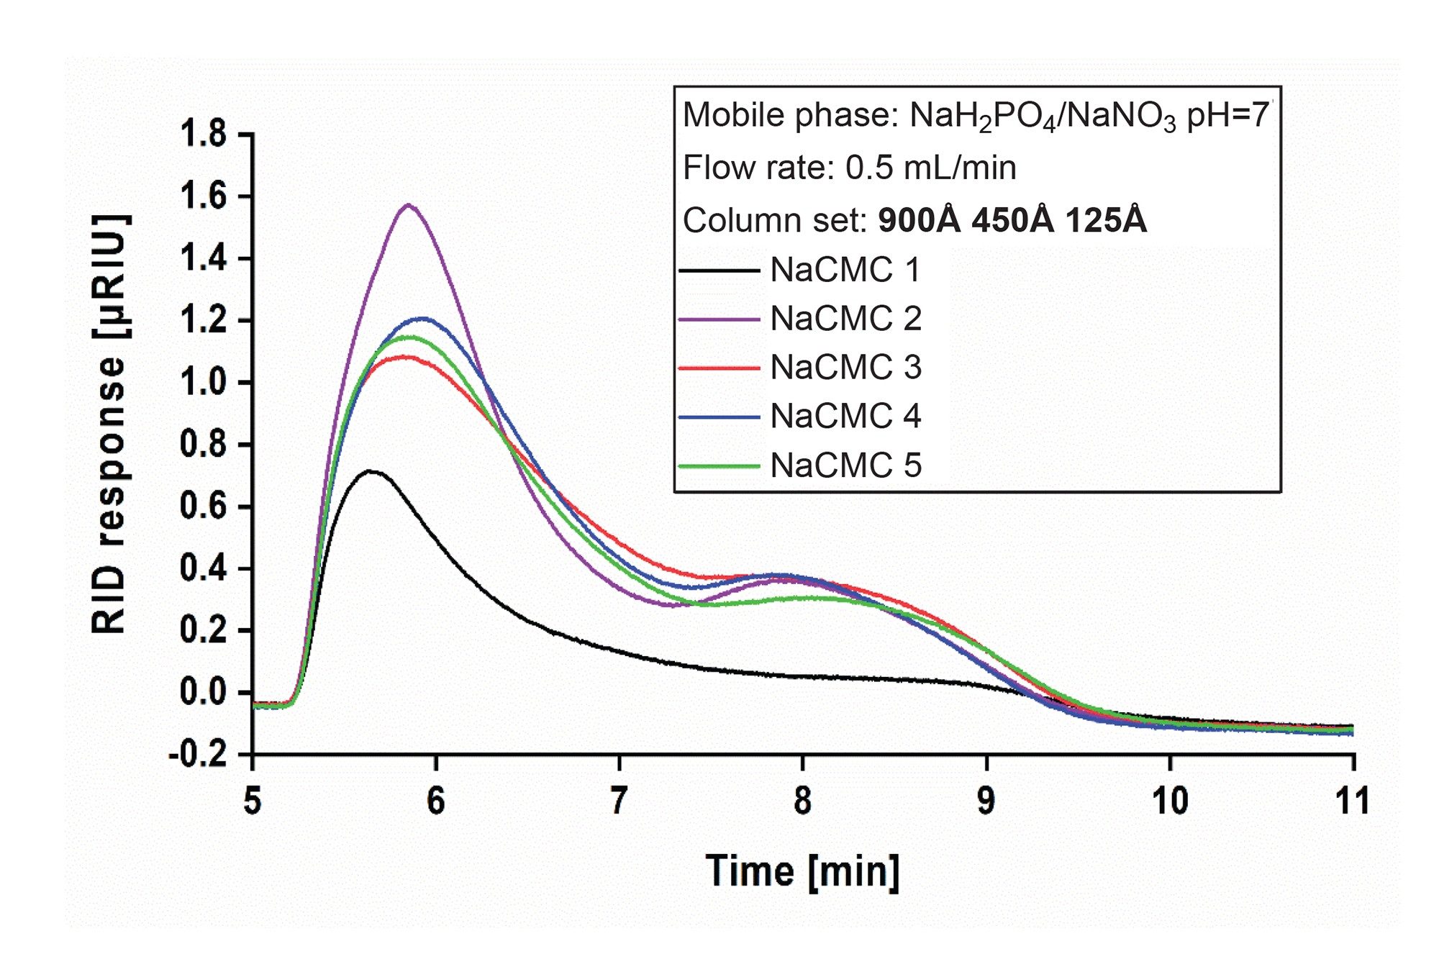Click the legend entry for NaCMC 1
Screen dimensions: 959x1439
pyautogui.click(x=845, y=271)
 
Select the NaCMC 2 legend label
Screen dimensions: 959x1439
pyautogui.click(x=845, y=319)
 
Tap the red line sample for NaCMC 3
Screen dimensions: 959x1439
pyautogui.click(x=719, y=368)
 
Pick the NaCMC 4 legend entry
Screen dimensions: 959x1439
pyautogui.click(x=845, y=417)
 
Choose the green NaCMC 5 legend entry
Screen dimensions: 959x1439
pyautogui.click(x=845, y=465)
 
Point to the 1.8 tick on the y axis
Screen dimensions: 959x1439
pyautogui.click(x=203, y=135)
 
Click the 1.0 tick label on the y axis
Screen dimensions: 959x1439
pyautogui.click(x=203, y=383)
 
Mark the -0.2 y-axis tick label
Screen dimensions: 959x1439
pyautogui.click(x=197, y=755)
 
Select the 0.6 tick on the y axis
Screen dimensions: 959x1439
pyautogui.click(x=203, y=506)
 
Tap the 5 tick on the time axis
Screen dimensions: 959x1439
pyautogui.click(x=253, y=801)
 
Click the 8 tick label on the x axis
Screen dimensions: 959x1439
pyautogui.click(x=803, y=801)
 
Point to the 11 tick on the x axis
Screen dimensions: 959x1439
pyautogui.click(x=1353, y=801)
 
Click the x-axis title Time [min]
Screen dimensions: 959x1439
pyautogui.click(x=802, y=871)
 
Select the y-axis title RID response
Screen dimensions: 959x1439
pyautogui.click(x=110, y=424)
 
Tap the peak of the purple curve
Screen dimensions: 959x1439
pyautogui.click(x=409, y=205)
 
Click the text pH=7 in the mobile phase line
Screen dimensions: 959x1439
pyautogui.click(x=1227, y=115)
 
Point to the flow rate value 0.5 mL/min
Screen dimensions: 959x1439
pyautogui.click(x=930, y=168)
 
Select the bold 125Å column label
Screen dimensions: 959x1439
pyautogui.click(x=1106, y=220)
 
